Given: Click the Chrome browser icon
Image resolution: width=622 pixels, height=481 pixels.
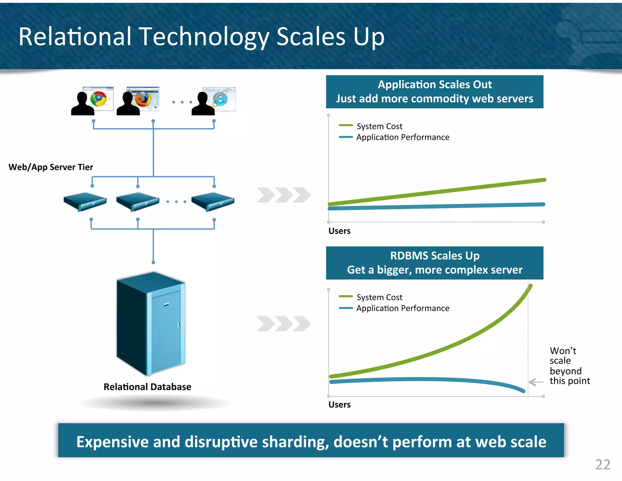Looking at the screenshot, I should pos(98,99).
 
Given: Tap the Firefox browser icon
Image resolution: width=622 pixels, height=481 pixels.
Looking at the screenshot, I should pos(143,99).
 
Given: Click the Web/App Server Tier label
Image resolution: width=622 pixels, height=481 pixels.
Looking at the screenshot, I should pos(51,167).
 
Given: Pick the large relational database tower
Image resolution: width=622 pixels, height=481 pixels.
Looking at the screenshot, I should pos(151,324).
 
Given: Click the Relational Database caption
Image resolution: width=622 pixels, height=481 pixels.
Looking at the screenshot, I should pos(147,387).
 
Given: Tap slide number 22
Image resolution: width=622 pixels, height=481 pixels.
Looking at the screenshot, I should pos(603,465).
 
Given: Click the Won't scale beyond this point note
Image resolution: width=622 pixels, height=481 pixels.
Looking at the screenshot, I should pos(569,366).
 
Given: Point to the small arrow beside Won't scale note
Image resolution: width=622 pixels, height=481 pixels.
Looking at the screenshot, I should pos(536,382).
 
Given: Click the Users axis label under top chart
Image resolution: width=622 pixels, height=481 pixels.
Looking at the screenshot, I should pos(339,231).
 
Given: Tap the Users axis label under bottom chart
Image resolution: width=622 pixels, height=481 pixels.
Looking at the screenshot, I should pos(339,405).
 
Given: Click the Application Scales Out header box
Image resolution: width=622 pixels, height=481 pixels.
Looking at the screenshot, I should pos(434,92).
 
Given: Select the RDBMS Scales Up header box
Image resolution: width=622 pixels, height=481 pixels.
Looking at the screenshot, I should pos(434,263).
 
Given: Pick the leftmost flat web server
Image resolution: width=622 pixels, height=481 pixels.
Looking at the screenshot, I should pos(85,202).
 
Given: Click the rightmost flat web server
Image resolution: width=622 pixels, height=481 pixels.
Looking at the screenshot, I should pos(213,202).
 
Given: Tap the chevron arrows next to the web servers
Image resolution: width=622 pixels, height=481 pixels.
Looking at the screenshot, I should pos(283,195).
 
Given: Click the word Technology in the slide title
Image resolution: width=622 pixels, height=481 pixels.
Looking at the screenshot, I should pos(204,37).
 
